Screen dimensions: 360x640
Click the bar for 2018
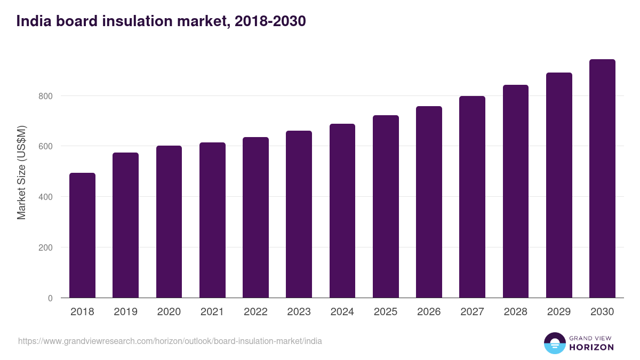click(x=82, y=235)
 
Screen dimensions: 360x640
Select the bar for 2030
click(x=602, y=179)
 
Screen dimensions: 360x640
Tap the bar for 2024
click(x=342, y=211)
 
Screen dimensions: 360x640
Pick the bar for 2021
click(x=212, y=220)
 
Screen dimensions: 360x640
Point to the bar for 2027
click(x=472, y=197)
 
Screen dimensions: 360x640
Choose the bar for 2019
click(x=125, y=225)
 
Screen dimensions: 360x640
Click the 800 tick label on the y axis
click(x=46, y=96)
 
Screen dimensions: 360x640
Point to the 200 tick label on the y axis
click(x=46, y=247)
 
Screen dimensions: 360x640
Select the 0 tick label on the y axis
click(x=50, y=298)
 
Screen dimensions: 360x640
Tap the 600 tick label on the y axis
click(x=46, y=146)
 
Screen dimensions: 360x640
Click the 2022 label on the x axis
click(x=255, y=312)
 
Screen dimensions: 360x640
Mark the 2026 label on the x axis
click(x=429, y=312)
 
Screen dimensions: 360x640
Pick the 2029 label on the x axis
click(x=559, y=312)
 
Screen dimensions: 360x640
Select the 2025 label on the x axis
click(x=386, y=312)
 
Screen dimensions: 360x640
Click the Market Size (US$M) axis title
click(x=21, y=172)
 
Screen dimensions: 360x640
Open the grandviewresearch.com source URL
click(x=170, y=341)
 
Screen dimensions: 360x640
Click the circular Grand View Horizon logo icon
click(x=554, y=343)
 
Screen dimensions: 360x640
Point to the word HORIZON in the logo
click(x=591, y=347)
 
